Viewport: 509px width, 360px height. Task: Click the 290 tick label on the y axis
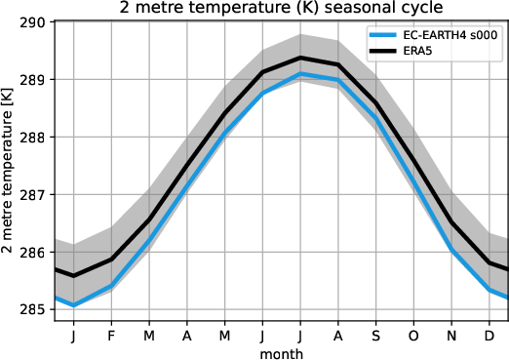[x=36, y=21]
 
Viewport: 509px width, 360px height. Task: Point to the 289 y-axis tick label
[x=36, y=79]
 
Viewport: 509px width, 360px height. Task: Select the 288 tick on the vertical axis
[x=36, y=137]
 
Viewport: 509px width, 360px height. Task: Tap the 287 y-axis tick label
[x=36, y=194]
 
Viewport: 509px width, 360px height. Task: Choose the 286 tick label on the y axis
[x=36, y=252]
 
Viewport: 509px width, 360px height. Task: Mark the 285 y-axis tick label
[x=36, y=309]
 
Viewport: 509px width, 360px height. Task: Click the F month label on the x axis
[x=111, y=334]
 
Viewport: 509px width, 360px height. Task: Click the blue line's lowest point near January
[x=73, y=305]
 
